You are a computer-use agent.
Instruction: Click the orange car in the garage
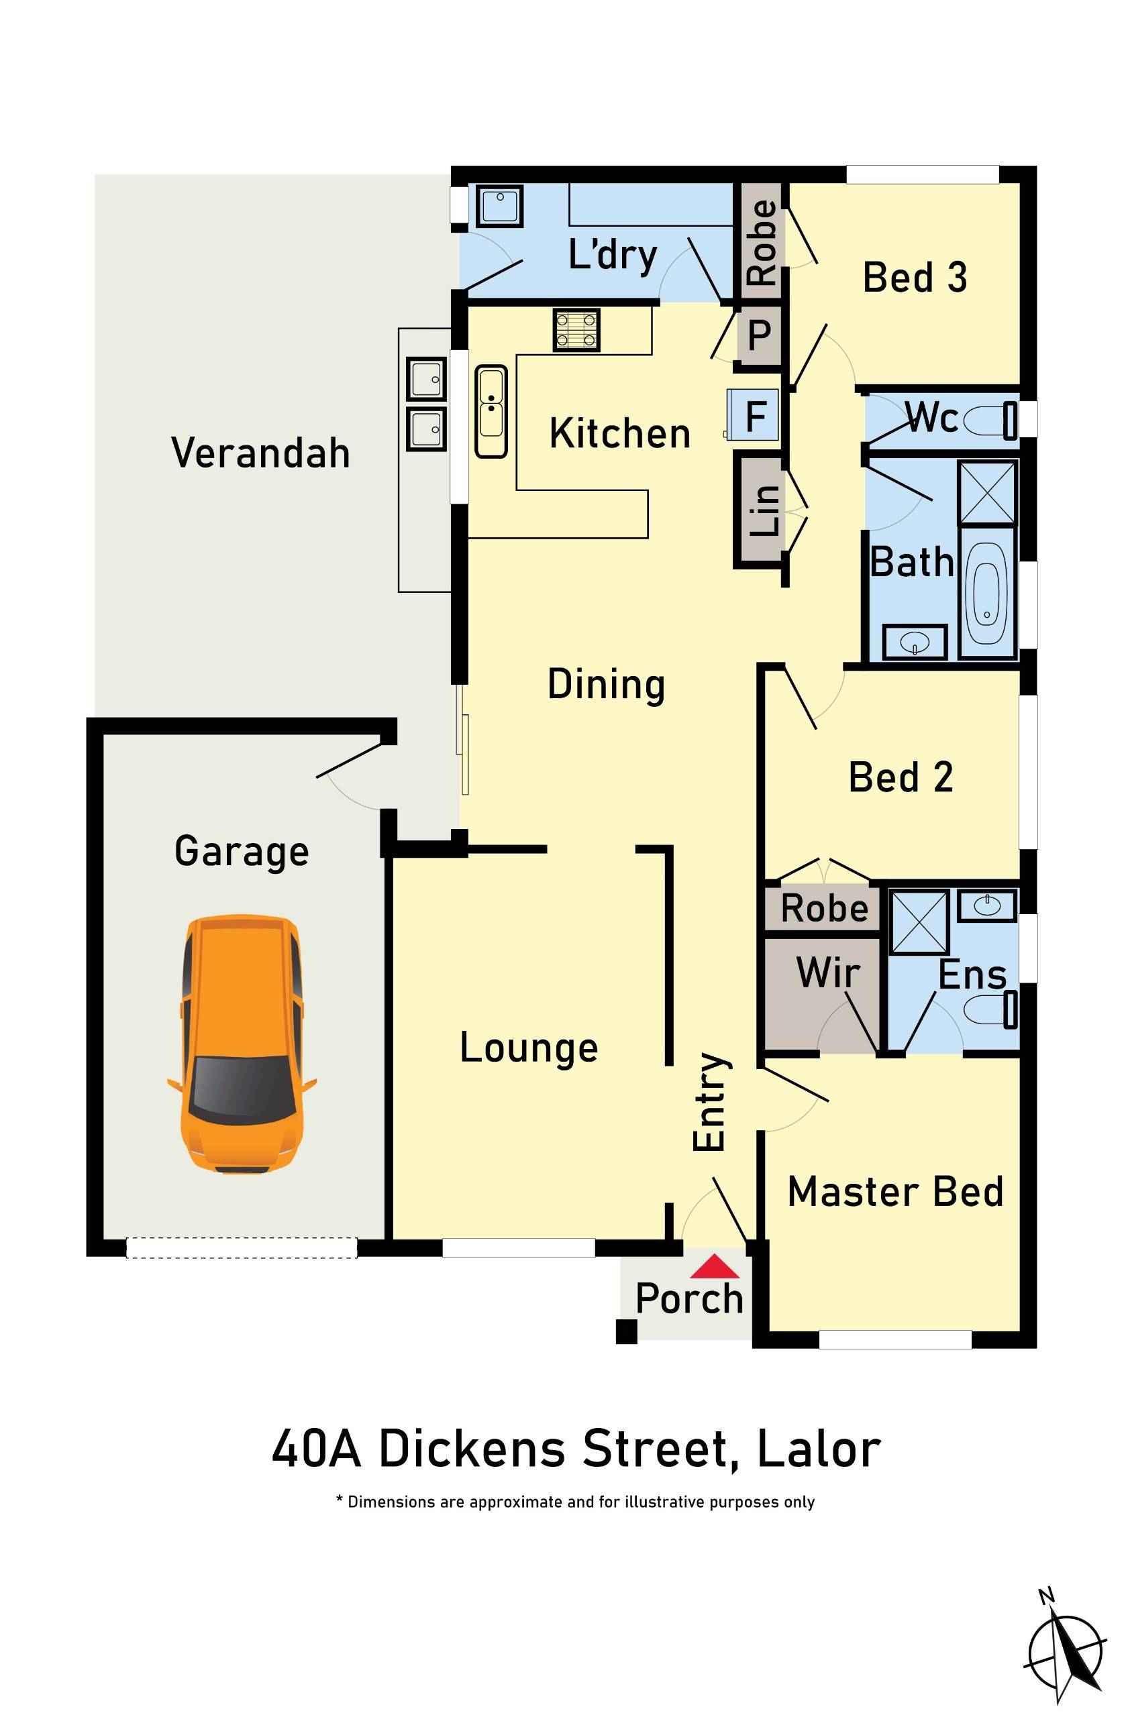point(241,1044)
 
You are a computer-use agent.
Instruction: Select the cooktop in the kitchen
point(576,330)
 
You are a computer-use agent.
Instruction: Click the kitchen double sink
point(491,410)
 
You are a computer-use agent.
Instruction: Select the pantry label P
point(758,335)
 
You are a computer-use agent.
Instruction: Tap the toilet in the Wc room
point(988,421)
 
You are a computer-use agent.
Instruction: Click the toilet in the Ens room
point(990,1009)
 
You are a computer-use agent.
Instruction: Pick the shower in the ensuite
point(918,922)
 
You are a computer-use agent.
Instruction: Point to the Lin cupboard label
point(764,509)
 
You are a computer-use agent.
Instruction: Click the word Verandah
point(260,453)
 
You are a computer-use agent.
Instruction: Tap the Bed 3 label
point(915,277)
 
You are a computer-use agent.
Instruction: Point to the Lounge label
point(528,1048)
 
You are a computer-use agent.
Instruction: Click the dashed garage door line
point(241,1248)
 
